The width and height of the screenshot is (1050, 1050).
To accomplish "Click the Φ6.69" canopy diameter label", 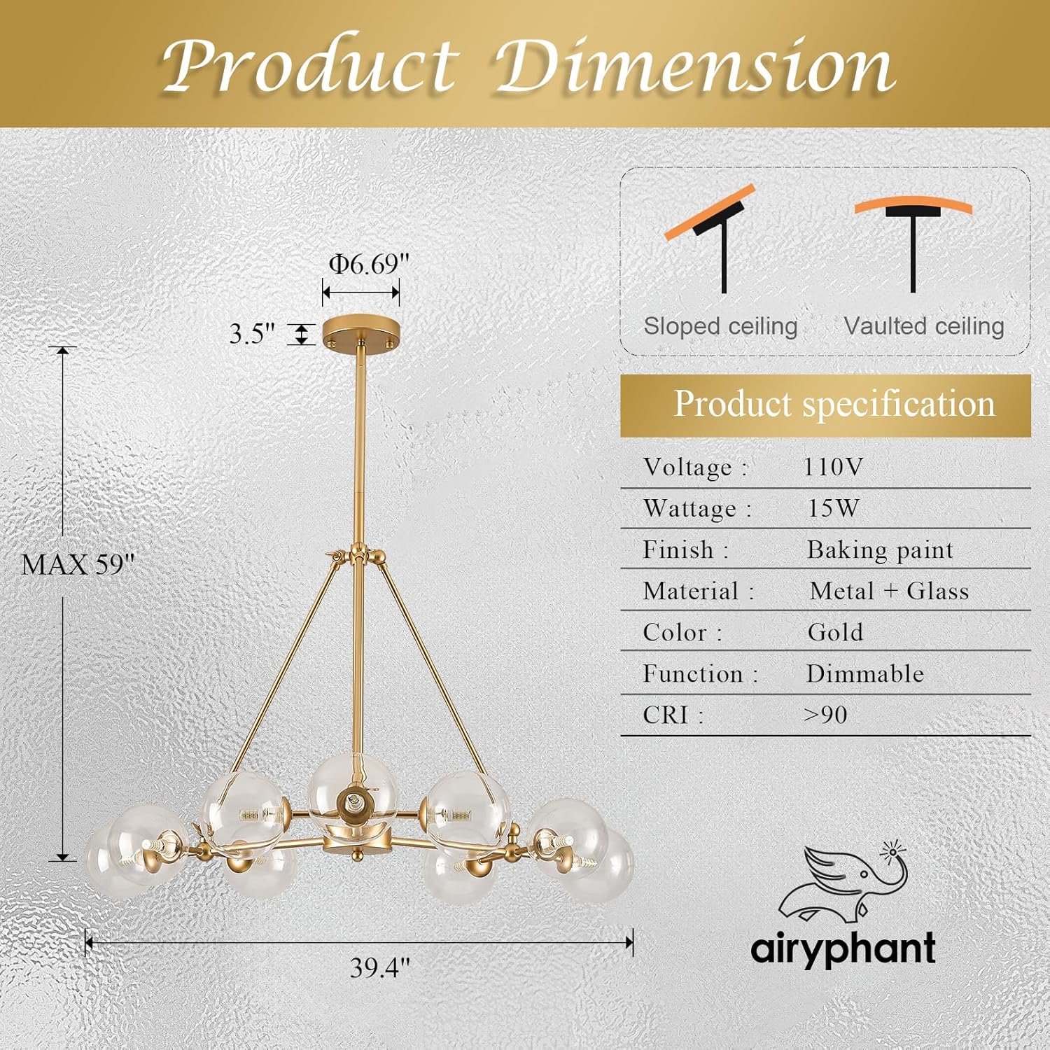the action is tap(369, 264).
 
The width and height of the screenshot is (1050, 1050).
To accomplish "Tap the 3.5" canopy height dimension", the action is tap(252, 334).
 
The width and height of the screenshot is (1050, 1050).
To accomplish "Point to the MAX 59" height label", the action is tap(77, 564).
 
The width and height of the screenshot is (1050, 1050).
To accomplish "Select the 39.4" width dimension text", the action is tap(380, 967).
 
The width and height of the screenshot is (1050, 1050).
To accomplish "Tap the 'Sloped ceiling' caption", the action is tap(720, 326).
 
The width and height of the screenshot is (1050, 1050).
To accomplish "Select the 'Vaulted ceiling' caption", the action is tap(924, 326).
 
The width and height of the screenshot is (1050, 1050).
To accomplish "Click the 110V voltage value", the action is tap(833, 467).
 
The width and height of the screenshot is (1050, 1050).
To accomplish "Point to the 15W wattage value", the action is tap(833, 508).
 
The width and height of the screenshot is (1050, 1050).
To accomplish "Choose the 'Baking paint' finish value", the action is tap(880, 550).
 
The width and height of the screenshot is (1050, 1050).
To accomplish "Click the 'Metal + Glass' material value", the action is tap(889, 591).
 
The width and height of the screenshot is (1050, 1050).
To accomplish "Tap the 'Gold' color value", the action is tap(835, 632).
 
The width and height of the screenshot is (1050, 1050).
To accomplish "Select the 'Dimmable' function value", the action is tap(865, 673).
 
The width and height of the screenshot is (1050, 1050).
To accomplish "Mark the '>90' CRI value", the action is tap(825, 715).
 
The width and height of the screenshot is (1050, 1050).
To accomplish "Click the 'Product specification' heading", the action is tap(834, 404).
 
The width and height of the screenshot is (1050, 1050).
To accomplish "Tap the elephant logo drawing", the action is tap(843, 884).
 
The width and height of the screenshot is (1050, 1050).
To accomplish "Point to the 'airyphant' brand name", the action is tap(843, 949).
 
